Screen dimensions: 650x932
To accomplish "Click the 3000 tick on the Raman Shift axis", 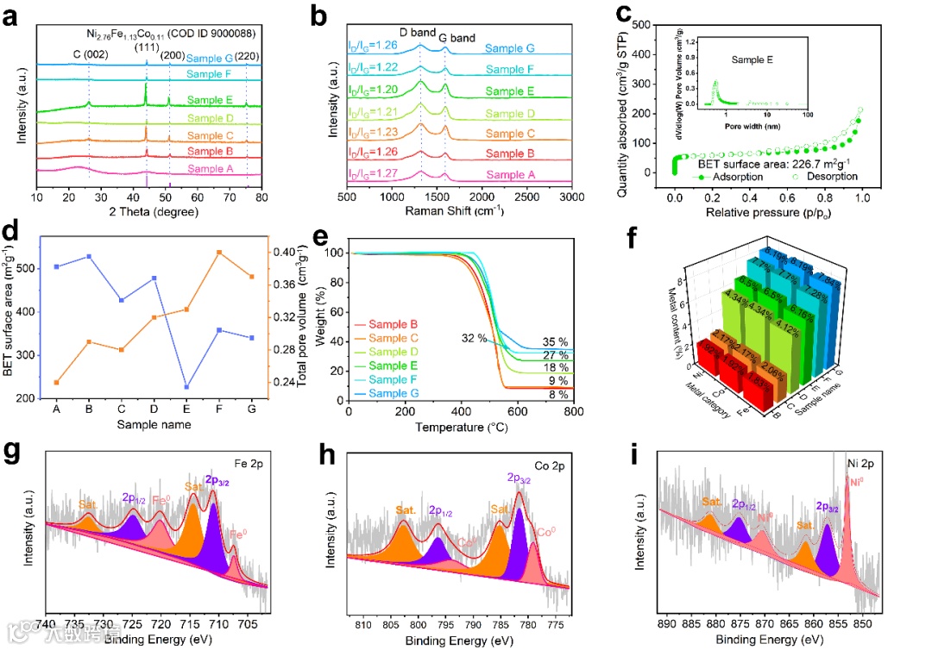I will tap(571, 197).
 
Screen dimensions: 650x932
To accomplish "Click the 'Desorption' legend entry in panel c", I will tap(826, 177).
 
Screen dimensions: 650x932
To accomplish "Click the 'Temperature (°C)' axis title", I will tap(459, 427).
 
